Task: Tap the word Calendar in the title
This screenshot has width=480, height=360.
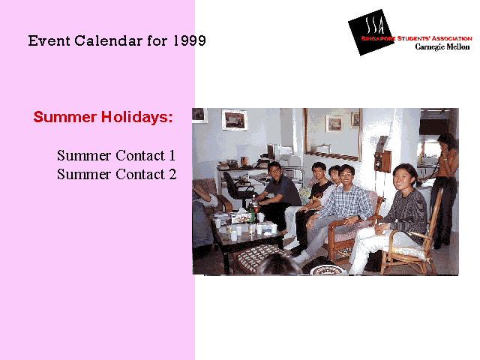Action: (108, 40)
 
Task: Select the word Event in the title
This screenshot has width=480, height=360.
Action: (49, 40)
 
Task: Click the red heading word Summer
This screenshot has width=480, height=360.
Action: (65, 117)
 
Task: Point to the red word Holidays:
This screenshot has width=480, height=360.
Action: (137, 117)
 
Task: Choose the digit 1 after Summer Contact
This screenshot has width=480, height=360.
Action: (172, 155)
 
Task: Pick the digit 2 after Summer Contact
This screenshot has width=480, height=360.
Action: (172, 175)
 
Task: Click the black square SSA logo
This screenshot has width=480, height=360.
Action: (370, 32)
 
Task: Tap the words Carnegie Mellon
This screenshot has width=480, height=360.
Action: (442, 46)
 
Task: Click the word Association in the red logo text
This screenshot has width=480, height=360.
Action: (451, 38)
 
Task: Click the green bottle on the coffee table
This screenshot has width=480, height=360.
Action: (251, 213)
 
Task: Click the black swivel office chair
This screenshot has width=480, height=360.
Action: (237, 190)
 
